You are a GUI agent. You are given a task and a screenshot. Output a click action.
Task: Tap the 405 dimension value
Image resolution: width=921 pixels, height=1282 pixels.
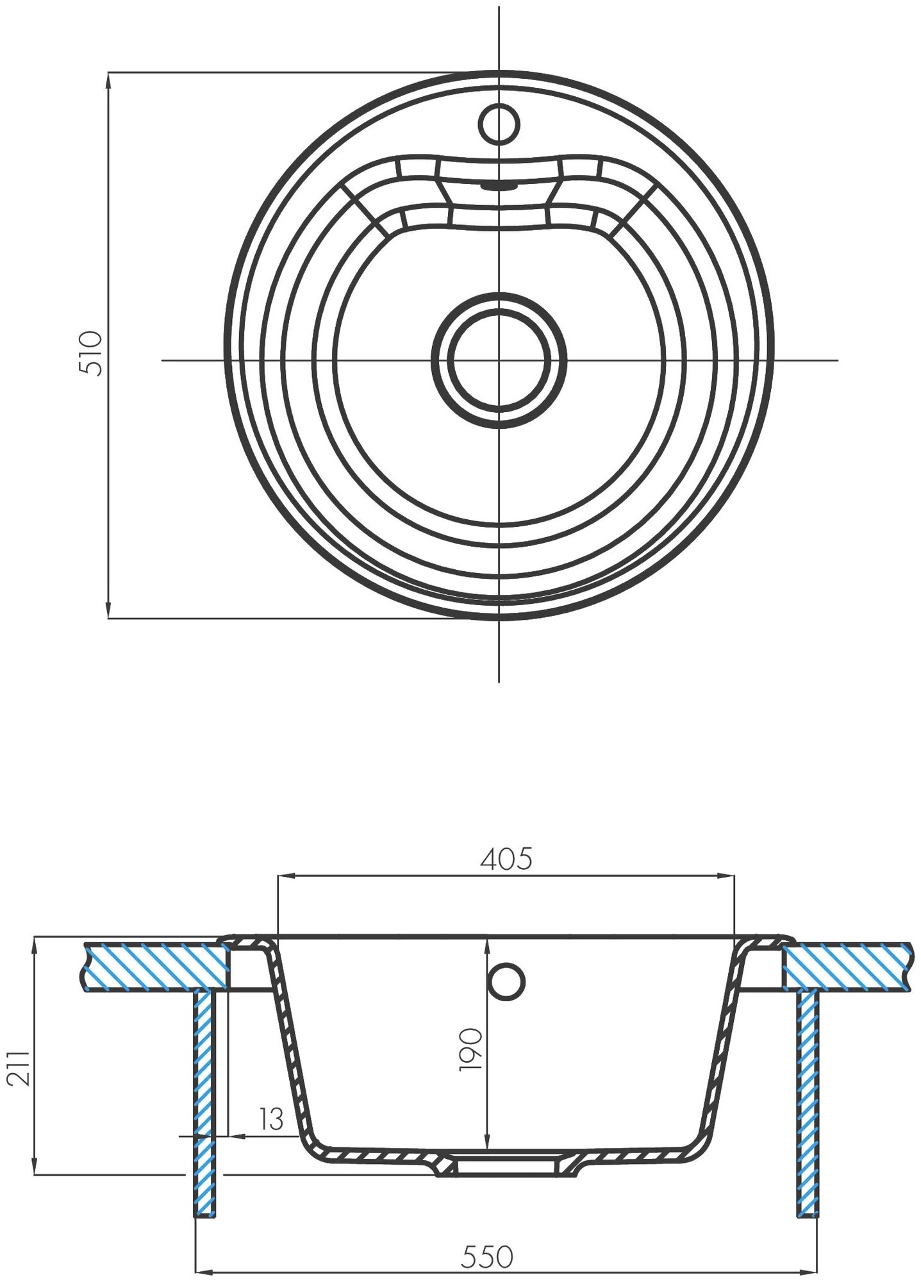[x=506, y=860]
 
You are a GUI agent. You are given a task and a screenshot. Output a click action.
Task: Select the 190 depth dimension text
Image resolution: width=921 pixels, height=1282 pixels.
[x=471, y=1049]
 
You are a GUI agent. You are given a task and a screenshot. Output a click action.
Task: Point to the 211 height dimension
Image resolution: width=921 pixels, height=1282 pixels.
[x=20, y=1067]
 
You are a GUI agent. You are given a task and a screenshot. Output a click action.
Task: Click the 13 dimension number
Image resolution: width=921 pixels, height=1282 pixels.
[x=271, y=1119]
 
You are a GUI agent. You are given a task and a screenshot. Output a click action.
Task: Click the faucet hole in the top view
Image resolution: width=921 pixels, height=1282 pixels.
[x=499, y=123]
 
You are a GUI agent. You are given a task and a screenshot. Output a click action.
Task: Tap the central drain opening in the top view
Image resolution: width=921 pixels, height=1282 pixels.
[x=499, y=360]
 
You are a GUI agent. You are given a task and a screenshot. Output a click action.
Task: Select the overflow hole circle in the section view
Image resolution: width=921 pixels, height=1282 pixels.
[x=506, y=980]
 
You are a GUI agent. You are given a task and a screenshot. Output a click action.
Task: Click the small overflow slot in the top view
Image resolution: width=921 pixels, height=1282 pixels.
[x=498, y=186]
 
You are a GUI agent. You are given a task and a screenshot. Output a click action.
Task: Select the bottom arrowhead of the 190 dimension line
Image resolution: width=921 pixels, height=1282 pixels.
[x=488, y=1145]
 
